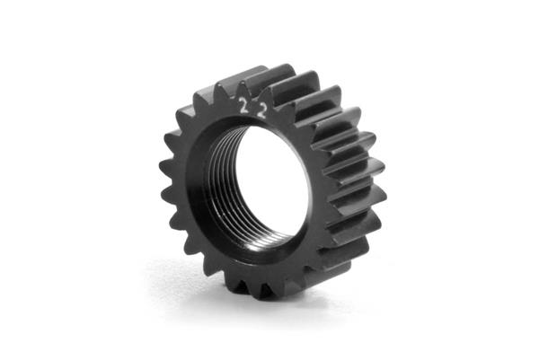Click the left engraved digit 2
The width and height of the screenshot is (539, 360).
tap(243, 106)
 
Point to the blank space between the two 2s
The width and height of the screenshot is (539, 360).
tap(253, 109)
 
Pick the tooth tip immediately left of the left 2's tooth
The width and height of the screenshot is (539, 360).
tap(217, 86)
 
